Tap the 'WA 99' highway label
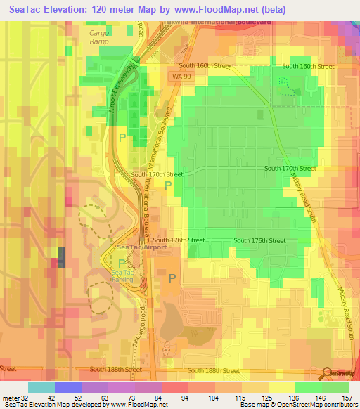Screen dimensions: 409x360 point(180,74)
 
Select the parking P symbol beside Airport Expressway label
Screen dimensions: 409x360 point(123,137)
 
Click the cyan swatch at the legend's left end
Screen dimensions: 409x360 point(41,387)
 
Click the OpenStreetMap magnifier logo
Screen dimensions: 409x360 point(328,373)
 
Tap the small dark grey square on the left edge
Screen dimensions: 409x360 point(60,257)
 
